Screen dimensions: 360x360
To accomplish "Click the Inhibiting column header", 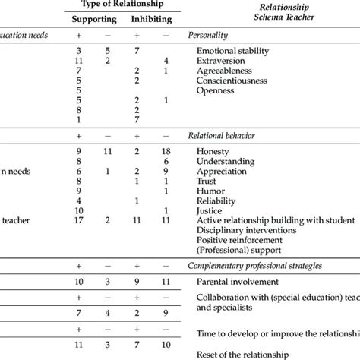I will [151, 17].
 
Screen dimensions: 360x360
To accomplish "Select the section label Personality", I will [212, 36].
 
